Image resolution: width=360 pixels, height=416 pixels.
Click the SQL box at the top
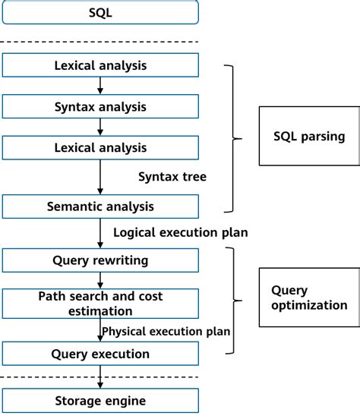[x=100, y=12]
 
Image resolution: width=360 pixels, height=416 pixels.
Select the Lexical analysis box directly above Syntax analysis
[x=100, y=65]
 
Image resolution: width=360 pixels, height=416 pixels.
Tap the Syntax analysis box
[x=100, y=106]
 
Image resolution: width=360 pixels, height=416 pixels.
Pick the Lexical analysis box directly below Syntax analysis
[x=100, y=147]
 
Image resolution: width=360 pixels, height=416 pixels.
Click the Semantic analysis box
[x=100, y=206]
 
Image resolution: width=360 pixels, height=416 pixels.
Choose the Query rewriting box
[x=100, y=260]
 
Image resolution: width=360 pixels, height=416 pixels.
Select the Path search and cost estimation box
[x=100, y=303]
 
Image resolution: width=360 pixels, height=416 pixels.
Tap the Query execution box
[x=100, y=354]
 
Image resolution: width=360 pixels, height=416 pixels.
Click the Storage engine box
[x=100, y=400]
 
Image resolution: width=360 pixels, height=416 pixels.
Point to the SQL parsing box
[x=308, y=137]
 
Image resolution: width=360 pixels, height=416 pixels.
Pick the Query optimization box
[x=308, y=297]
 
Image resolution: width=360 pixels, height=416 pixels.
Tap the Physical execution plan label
[x=166, y=331]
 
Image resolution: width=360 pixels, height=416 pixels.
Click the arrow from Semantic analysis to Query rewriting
[x=100, y=233]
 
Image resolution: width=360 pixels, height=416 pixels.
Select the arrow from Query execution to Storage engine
[x=100, y=377]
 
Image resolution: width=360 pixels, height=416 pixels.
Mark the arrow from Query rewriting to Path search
[x=100, y=280]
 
